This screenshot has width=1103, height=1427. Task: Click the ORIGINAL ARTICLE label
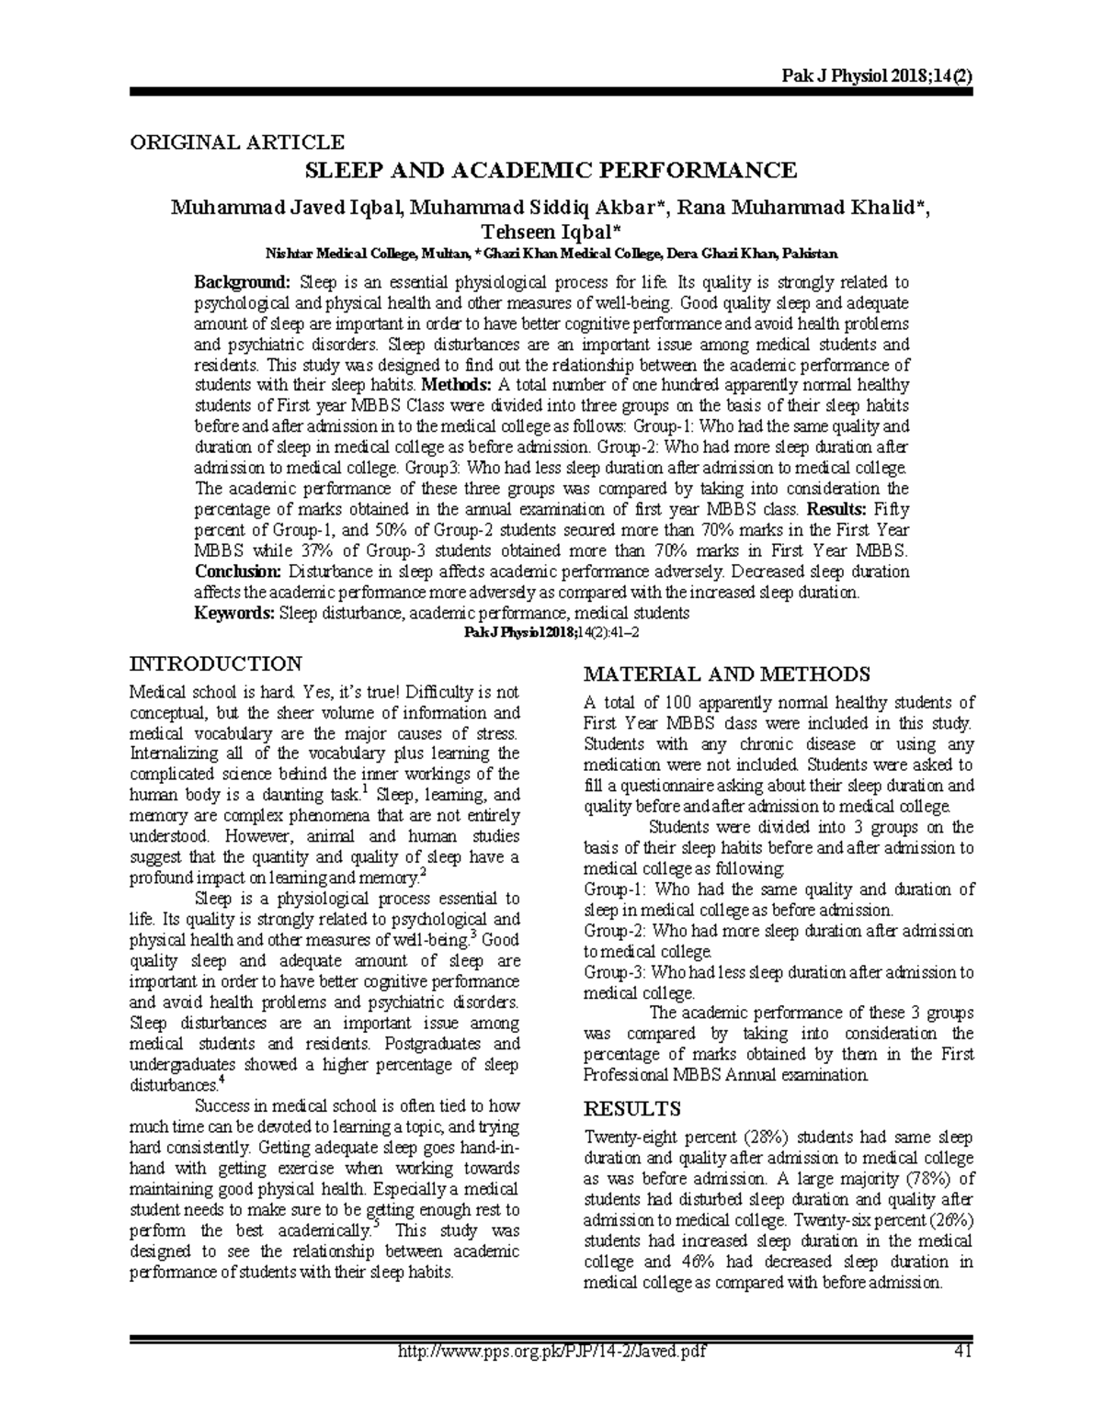[x=237, y=142]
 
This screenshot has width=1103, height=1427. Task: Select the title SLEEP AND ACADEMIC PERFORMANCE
[x=551, y=171]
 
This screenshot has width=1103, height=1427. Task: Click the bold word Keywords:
[x=234, y=613]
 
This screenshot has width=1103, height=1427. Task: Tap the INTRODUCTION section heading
[x=216, y=663]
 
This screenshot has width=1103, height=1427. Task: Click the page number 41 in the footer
[x=962, y=1350]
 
